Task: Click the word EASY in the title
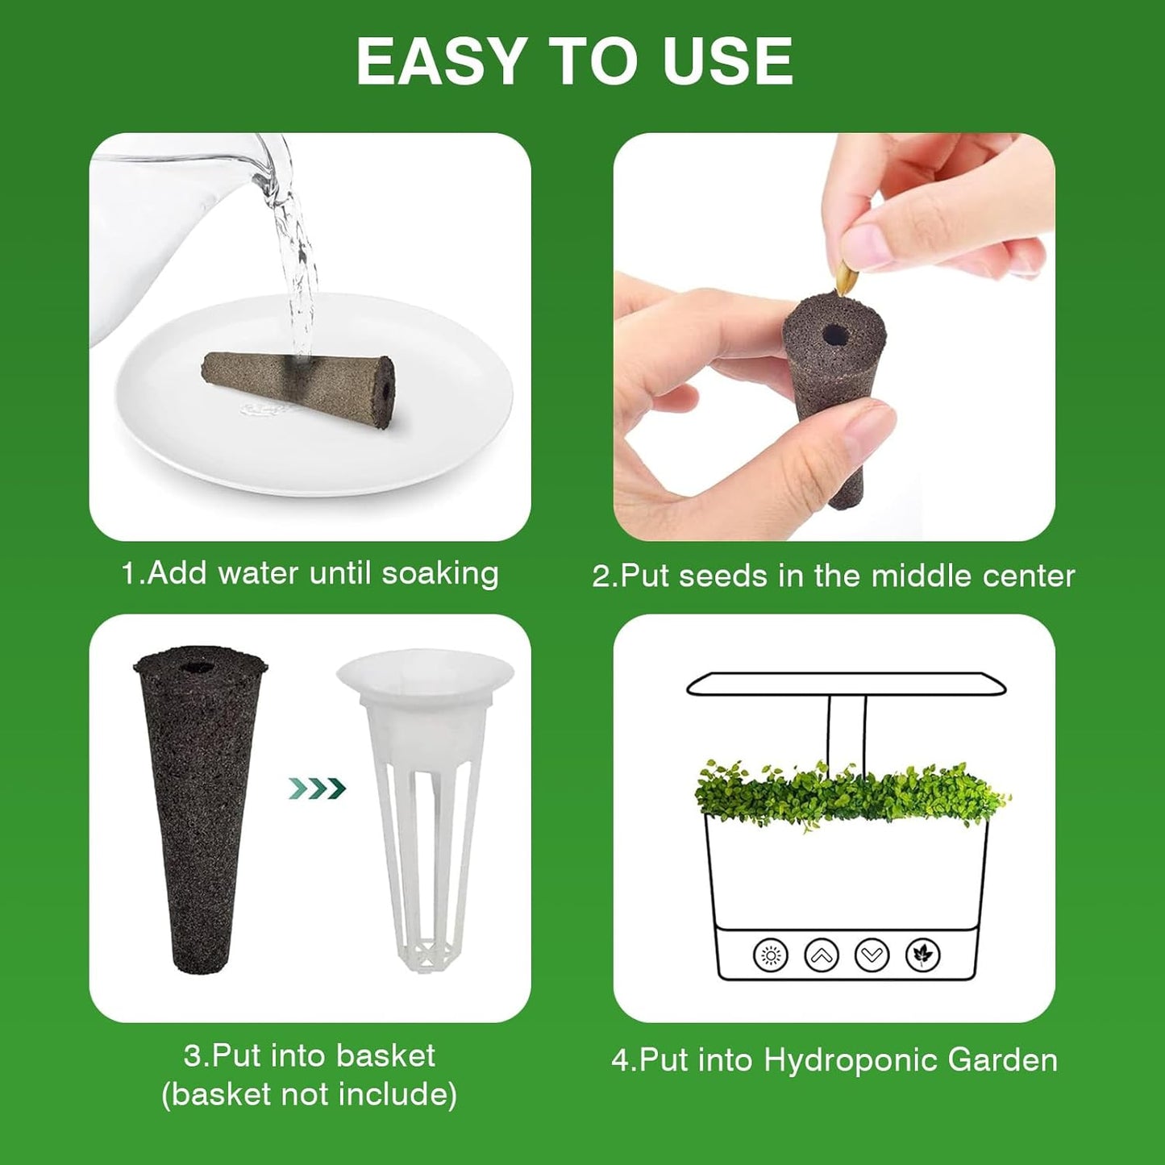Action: (441, 61)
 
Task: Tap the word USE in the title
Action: (727, 61)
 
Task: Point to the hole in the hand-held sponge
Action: (833, 333)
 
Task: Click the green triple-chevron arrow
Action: (317, 788)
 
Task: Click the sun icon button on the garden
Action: (770, 955)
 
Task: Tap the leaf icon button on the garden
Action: (922, 955)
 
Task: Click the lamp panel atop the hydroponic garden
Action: (846, 684)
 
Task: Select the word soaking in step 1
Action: (439, 573)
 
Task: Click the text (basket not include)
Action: (309, 1094)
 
